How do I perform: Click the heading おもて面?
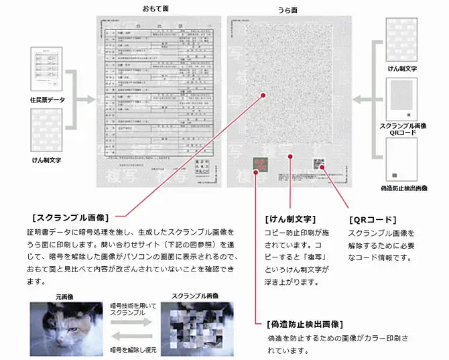155,9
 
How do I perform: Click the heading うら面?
287,9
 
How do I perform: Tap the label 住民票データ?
48,99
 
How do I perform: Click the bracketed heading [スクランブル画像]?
70,217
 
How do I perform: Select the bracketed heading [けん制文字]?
290,219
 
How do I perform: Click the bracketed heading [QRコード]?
373,219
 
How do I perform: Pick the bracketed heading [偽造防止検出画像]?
305,324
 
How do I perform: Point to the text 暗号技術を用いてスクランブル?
131,310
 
